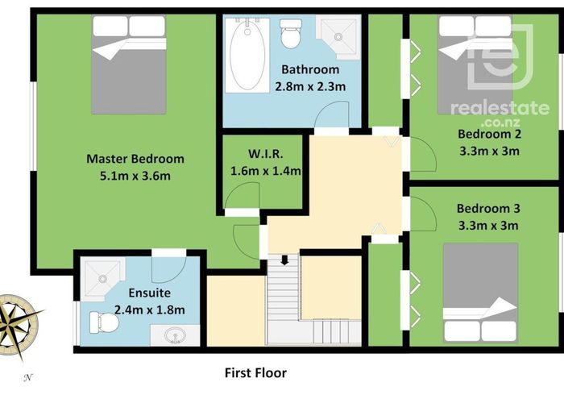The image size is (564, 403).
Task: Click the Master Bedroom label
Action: click(x=135, y=159)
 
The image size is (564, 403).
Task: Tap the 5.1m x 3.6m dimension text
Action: click(x=135, y=177)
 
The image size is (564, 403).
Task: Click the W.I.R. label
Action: click(x=263, y=154)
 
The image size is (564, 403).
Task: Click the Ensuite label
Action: click(x=149, y=292)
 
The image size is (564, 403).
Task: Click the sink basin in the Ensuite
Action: click(x=173, y=335)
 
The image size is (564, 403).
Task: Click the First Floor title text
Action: click(x=255, y=372)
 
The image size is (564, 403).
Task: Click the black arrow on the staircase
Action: click(x=284, y=260)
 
